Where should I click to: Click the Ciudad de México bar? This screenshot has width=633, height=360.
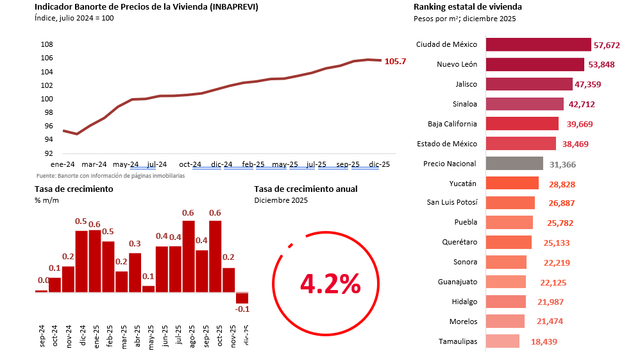(x=538, y=44)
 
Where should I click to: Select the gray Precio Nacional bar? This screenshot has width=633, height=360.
(x=514, y=164)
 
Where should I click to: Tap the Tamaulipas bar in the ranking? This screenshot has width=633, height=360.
(x=503, y=341)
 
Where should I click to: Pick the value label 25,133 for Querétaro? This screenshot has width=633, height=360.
(x=552, y=243)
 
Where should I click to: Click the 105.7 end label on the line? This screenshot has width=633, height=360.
(x=395, y=62)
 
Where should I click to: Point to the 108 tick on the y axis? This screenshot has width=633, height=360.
(x=46, y=44)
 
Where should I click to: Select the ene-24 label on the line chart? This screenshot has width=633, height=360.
(x=63, y=164)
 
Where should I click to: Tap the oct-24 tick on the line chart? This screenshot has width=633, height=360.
(x=190, y=164)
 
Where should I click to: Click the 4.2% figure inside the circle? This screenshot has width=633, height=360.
(x=330, y=283)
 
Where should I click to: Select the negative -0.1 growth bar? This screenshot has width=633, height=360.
(x=242, y=298)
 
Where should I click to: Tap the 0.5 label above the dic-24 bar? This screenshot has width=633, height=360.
(x=81, y=221)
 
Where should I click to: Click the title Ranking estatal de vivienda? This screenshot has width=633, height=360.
(x=468, y=7)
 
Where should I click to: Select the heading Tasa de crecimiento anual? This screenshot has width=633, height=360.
(x=306, y=189)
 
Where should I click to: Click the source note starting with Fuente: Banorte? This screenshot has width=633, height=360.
(x=111, y=175)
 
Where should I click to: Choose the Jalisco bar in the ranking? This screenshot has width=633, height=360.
(x=529, y=84)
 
